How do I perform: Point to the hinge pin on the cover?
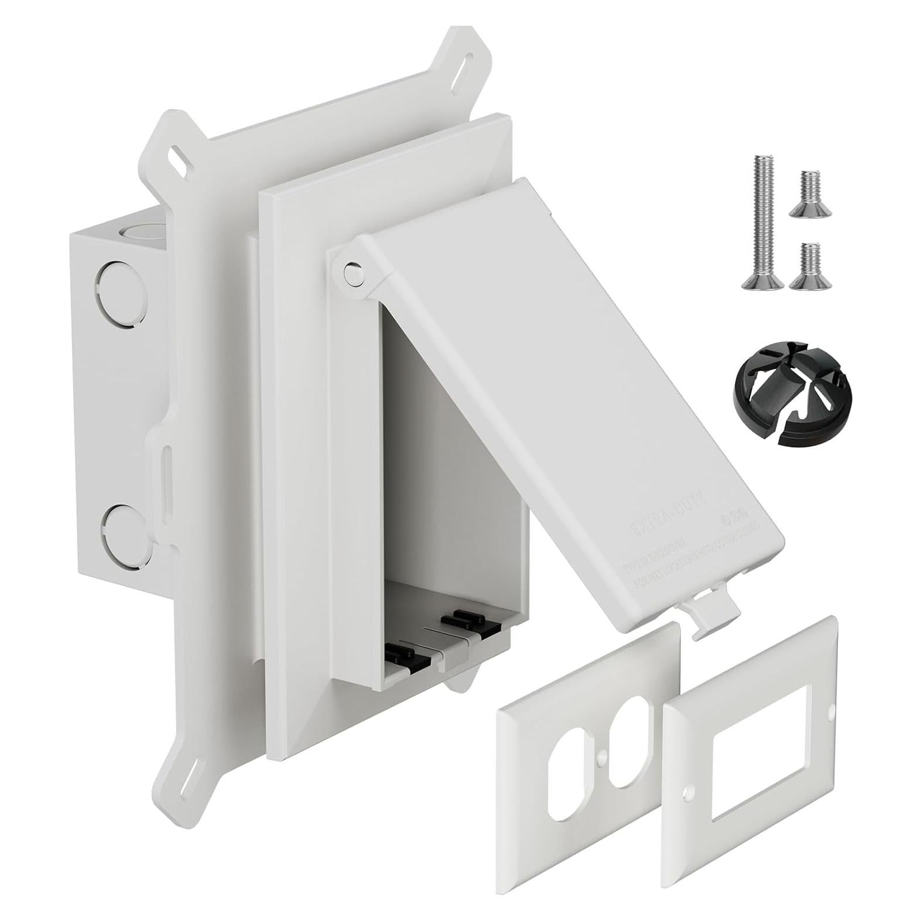[x=352, y=273]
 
